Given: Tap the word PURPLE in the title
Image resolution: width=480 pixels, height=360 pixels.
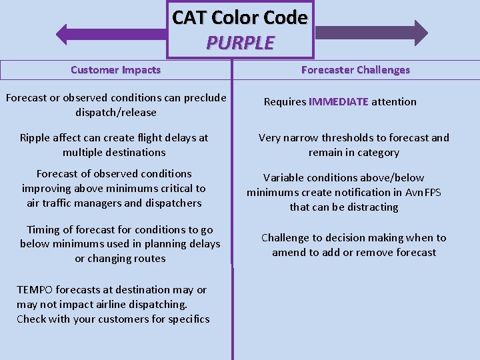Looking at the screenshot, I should pyautogui.click(x=240, y=43).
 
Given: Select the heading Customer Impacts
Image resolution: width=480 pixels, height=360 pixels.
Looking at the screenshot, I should pyautogui.click(x=115, y=69).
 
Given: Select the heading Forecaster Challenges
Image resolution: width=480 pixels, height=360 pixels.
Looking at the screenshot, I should pyautogui.click(x=355, y=69).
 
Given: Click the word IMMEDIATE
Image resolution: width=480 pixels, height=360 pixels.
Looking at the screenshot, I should pyautogui.click(x=339, y=102).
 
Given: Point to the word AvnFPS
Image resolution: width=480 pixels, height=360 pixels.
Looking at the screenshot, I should pyautogui.click(x=423, y=193).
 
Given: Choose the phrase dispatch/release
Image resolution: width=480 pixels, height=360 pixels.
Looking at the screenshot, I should pyautogui.click(x=116, y=113).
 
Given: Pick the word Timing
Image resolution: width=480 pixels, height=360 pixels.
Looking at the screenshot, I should pyautogui.click(x=43, y=229).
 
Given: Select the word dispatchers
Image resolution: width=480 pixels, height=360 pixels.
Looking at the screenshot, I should pyautogui.click(x=170, y=203).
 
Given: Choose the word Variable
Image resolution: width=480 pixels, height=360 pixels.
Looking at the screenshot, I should pyautogui.click(x=283, y=178).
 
